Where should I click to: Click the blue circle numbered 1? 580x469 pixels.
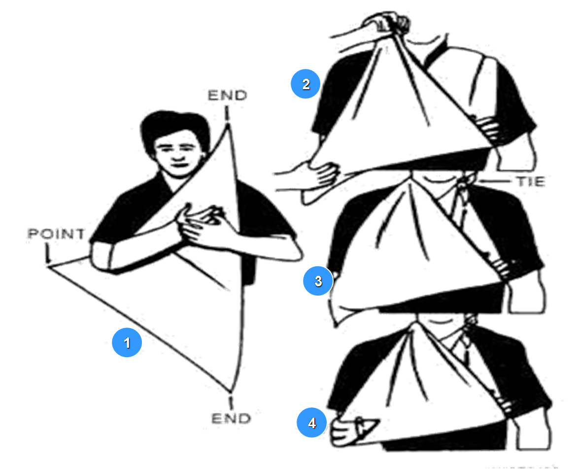(127, 342)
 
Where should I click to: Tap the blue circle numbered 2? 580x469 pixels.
(306, 84)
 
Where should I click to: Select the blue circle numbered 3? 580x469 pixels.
(318, 281)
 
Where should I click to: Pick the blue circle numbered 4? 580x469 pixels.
(312, 422)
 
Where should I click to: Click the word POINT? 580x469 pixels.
(56, 234)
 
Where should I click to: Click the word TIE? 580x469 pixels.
(531, 182)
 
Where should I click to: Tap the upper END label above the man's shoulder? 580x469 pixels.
(227, 96)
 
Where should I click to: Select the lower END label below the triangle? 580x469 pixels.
(231, 418)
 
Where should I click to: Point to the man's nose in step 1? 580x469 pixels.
(177, 155)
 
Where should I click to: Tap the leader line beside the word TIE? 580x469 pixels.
(494, 182)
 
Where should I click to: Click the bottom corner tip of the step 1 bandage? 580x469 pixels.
(230, 391)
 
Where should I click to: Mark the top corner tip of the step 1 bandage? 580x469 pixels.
(228, 125)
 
